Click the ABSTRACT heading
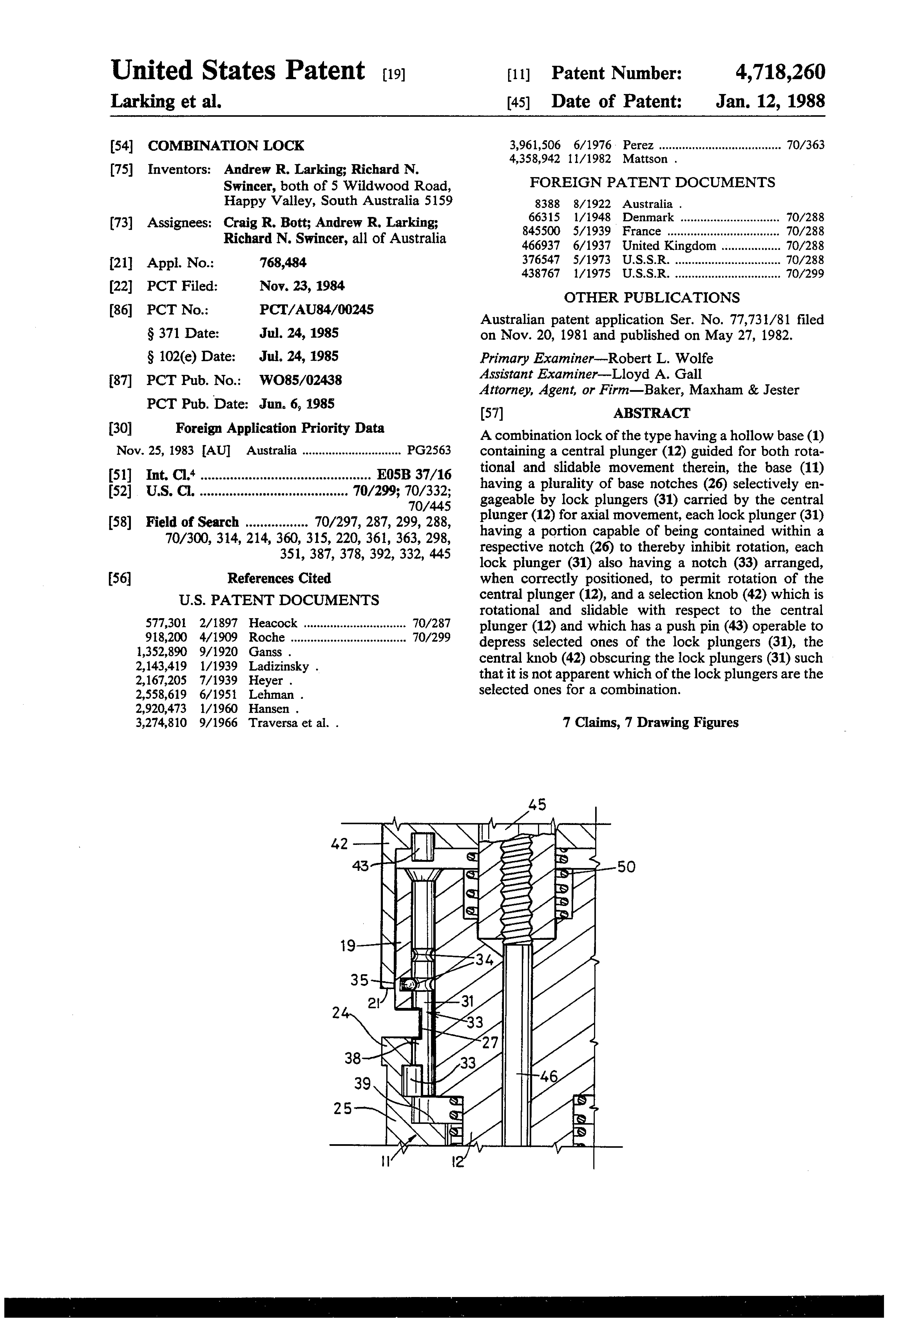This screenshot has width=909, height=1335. (x=652, y=413)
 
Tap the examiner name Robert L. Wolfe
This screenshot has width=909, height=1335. (x=661, y=359)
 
